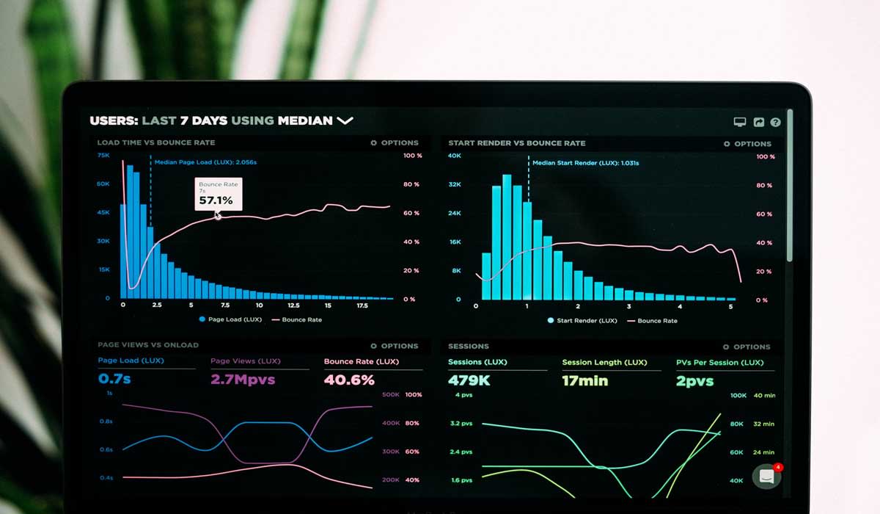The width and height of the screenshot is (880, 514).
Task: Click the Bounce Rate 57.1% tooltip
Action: pyautogui.click(x=217, y=194)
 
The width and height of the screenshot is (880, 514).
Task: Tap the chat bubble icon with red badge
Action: pyautogui.click(x=766, y=476)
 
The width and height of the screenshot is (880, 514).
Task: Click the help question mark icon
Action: pyautogui.click(x=775, y=123)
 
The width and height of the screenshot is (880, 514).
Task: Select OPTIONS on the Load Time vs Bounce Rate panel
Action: pyautogui.click(x=395, y=142)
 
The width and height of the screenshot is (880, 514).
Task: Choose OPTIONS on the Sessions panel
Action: pyautogui.click(x=747, y=347)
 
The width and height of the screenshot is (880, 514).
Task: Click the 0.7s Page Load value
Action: pyautogui.click(x=114, y=380)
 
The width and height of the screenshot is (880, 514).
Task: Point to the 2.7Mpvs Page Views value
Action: pyautogui.click(x=243, y=380)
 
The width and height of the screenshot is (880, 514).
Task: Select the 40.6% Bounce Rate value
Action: pyautogui.click(x=349, y=380)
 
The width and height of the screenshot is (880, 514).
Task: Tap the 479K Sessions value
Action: pyautogui.click(x=469, y=380)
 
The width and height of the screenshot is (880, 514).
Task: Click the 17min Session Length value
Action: pyautogui.click(x=584, y=380)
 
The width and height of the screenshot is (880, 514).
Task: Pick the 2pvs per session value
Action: pyautogui.click(x=694, y=380)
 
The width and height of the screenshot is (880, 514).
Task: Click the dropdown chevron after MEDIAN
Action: pyautogui.click(x=345, y=120)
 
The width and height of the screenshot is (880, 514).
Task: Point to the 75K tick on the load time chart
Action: pyautogui.click(x=103, y=156)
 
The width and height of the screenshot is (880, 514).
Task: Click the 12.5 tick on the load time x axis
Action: pyautogui.click(x=293, y=305)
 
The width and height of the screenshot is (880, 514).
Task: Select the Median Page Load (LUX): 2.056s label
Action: pyautogui.click(x=205, y=162)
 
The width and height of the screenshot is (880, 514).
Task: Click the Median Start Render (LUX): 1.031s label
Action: pyautogui.click(x=585, y=163)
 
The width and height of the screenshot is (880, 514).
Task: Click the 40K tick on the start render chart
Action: pyautogui.click(x=455, y=156)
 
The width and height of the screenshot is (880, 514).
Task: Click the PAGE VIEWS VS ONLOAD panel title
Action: pyautogui.click(x=148, y=345)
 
